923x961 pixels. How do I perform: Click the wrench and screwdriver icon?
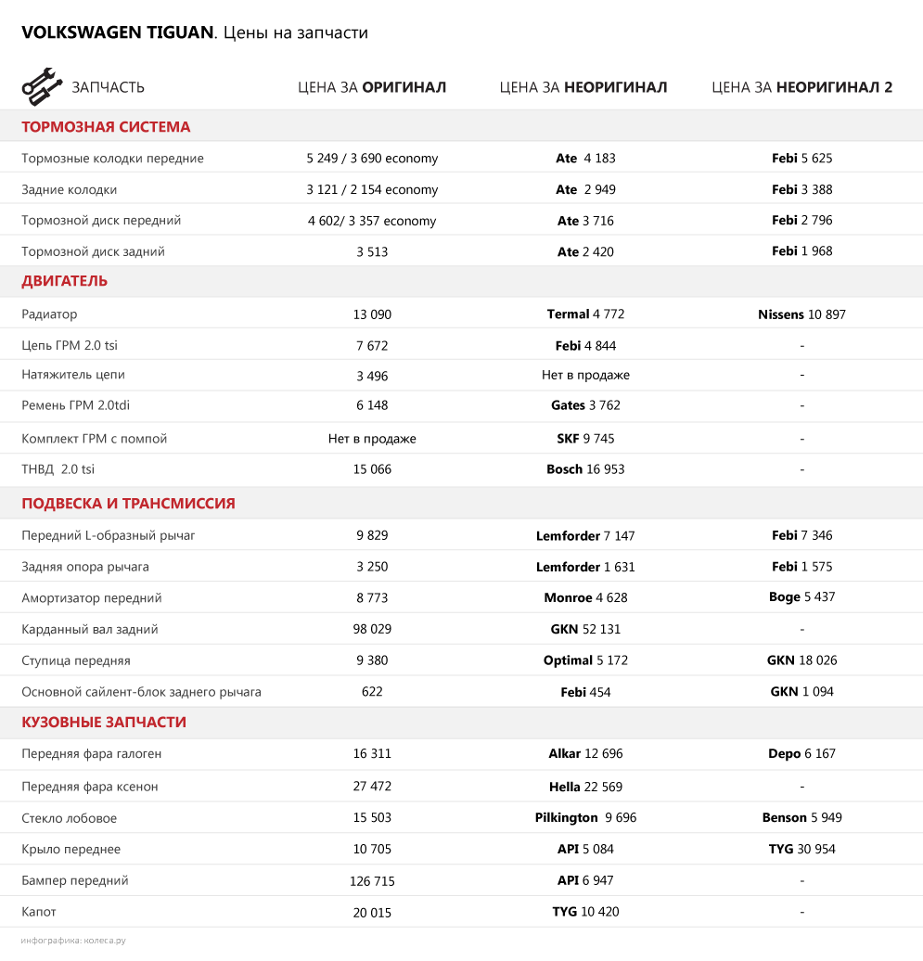[41, 86]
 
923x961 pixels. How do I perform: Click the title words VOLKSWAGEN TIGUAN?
[117, 33]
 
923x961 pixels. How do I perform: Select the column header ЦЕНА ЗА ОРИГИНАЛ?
[371, 87]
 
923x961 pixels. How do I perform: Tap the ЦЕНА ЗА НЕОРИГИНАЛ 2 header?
[801, 87]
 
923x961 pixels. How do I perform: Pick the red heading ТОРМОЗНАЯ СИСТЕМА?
[106, 127]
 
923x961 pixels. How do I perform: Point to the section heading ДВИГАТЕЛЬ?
[64, 281]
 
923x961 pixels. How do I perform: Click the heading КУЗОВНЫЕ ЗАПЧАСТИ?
[104, 722]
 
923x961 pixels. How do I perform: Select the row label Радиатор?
[49, 314]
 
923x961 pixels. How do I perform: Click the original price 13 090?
[372, 314]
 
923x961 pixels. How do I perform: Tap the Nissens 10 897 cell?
[801, 314]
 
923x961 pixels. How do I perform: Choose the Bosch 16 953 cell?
[585, 469]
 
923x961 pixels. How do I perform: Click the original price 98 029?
[372, 629]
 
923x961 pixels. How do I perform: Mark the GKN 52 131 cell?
[585, 629]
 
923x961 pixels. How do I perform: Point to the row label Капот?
[39, 912]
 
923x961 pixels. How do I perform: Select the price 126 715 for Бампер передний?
[372, 881]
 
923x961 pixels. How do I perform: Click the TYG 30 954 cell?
[801, 849]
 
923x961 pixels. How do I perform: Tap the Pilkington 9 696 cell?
[585, 818]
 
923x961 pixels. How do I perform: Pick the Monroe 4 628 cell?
[585, 597]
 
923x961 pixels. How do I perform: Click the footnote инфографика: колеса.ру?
[73, 941]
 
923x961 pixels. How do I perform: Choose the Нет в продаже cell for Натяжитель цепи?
[585, 376]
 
